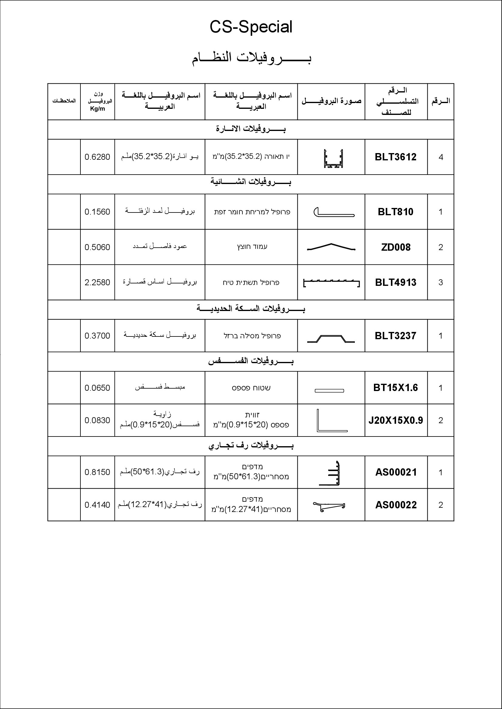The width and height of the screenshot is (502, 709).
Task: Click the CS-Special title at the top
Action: pyautogui.click(x=251, y=27)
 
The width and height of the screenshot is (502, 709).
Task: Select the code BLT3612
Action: pyautogui.click(x=395, y=157)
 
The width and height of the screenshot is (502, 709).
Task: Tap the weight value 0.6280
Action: pyautogui.click(x=97, y=157)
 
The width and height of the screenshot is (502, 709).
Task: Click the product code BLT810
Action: pyautogui.click(x=395, y=212)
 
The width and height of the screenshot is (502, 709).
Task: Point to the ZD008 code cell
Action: pyautogui.click(x=396, y=247)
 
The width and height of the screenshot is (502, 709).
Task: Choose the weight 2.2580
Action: pyautogui.click(x=97, y=282)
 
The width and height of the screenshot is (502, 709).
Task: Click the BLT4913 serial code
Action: pyautogui.click(x=396, y=282)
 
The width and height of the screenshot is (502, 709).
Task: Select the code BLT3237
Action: pyautogui.click(x=395, y=336)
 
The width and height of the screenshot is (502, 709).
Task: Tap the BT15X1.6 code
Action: pyautogui.click(x=395, y=388)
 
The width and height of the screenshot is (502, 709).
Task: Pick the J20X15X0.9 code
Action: pyautogui.click(x=395, y=420)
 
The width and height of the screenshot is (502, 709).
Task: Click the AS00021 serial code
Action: pyautogui.click(x=396, y=472)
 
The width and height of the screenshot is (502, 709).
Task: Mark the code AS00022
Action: pyautogui.click(x=396, y=505)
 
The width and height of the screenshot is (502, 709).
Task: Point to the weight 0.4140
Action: pyautogui.click(x=97, y=505)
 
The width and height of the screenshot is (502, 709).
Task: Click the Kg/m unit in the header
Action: pyautogui.click(x=97, y=109)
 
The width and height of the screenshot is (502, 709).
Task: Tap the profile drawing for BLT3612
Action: pyautogui.click(x=333, y=159)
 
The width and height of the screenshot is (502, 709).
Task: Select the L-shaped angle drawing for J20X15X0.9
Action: pyautogui.click(x=331, y=421)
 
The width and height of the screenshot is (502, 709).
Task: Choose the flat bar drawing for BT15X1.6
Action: pyautogui.click(x=329, y=391)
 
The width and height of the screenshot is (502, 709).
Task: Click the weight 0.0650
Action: pyautogui.click(x=97, y=388)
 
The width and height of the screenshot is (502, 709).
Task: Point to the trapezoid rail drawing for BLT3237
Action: pyautogui.click(x=331, y=339)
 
